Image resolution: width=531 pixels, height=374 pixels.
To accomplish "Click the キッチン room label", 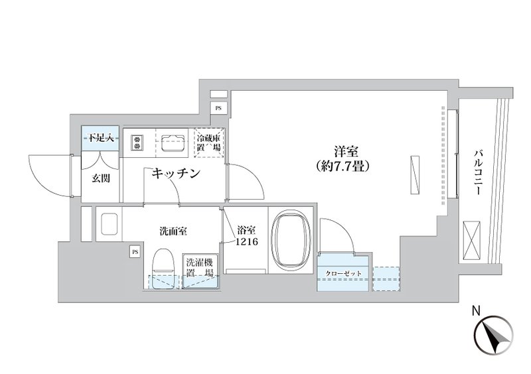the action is [176, 174].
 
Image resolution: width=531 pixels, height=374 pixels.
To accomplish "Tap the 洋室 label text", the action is [346, 152].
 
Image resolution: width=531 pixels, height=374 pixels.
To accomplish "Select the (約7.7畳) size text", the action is [342, 166].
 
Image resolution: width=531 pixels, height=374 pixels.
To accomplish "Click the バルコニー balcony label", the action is [478, 173].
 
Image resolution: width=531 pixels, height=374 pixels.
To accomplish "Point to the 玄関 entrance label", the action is [101, 178].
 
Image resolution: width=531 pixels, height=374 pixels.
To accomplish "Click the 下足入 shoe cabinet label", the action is [101, 138].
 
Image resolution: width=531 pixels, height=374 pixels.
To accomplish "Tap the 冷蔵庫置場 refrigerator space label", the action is [209, 143].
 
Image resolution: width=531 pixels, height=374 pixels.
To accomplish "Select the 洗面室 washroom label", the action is [173, 231].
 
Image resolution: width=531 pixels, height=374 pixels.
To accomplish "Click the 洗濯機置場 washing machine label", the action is [200, 267].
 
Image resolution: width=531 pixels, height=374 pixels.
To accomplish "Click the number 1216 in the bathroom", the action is [247, 241].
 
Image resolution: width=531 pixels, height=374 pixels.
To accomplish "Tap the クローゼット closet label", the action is [343, 273].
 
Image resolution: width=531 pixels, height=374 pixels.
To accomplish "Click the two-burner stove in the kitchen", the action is [137, 142].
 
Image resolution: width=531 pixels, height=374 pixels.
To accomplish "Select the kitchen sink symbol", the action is [173, 142].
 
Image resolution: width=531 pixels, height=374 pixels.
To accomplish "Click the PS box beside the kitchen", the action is [218, 108].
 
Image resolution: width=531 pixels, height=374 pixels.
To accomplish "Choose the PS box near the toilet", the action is [135, 252].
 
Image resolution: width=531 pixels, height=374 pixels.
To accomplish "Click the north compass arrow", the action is [493, 336].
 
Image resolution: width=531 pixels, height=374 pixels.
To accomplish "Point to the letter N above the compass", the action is [476, 312].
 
